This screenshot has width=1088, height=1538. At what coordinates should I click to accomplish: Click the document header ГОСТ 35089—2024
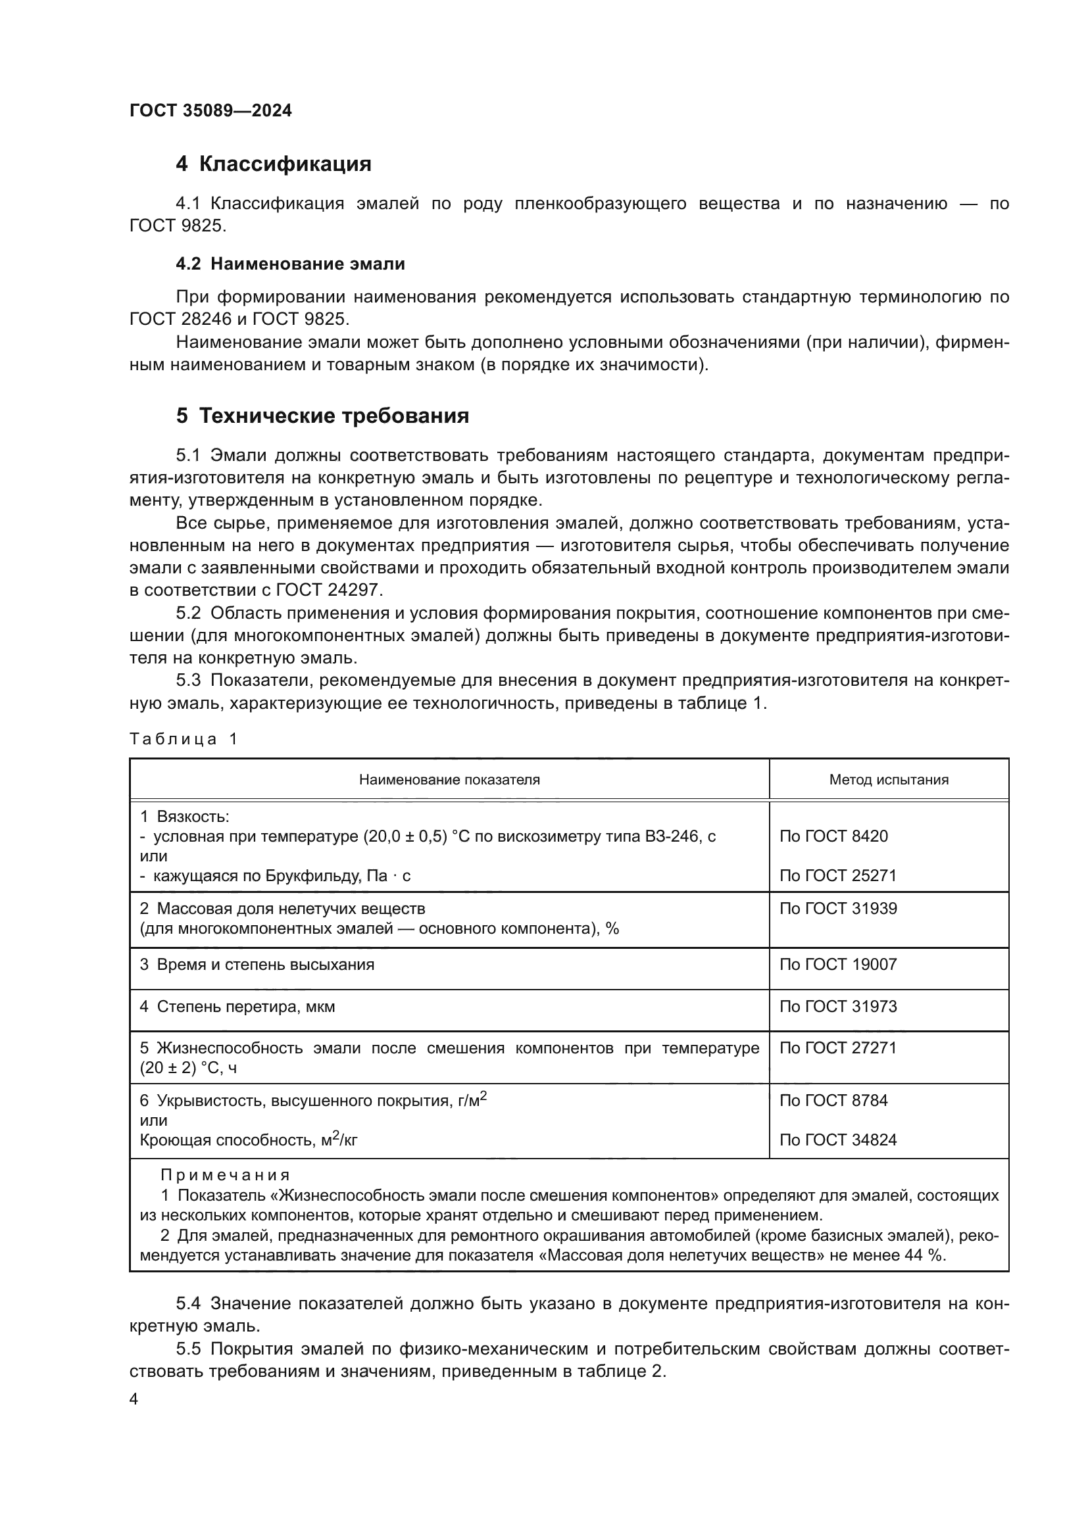click(210, 111)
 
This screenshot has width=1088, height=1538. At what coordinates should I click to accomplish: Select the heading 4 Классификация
click(274, 164)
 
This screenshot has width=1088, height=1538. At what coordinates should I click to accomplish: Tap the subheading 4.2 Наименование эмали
click(290, 264)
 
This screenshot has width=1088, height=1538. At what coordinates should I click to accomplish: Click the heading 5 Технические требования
click(322, 416)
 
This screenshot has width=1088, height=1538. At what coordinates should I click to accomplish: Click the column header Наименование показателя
click(449, 780)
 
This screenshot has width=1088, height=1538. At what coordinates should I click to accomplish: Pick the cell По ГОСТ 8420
click(833, 836)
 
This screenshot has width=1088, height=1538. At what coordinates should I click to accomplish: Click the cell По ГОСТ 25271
click(837, 875)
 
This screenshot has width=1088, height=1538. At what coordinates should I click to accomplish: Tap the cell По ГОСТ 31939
click(837, 908)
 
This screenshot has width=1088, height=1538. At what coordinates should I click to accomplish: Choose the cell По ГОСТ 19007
click(837, 965)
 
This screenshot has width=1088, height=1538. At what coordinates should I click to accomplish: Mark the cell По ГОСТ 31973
click(837, 1006)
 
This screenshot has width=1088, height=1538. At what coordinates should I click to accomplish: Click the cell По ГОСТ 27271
click(837, 1047)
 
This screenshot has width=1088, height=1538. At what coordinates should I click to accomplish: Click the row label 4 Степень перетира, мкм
click(237, 1006)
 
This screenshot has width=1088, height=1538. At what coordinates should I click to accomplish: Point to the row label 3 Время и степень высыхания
click(257, 965)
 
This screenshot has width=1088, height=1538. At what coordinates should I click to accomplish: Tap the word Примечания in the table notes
click(225, 1176)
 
